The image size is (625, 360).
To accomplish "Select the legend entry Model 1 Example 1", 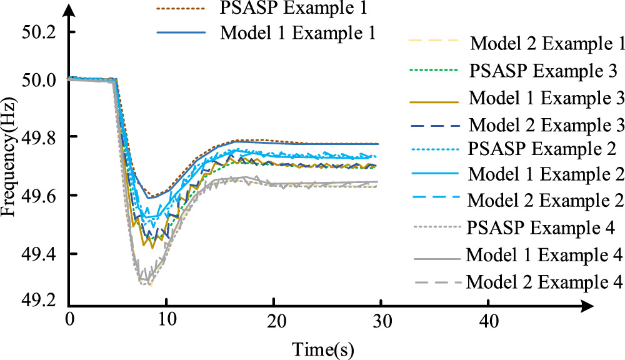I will [x=297, y=33].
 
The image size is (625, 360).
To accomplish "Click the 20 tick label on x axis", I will [x=273, y=321].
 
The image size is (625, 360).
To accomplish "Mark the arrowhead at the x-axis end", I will [x=587, y=307].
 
